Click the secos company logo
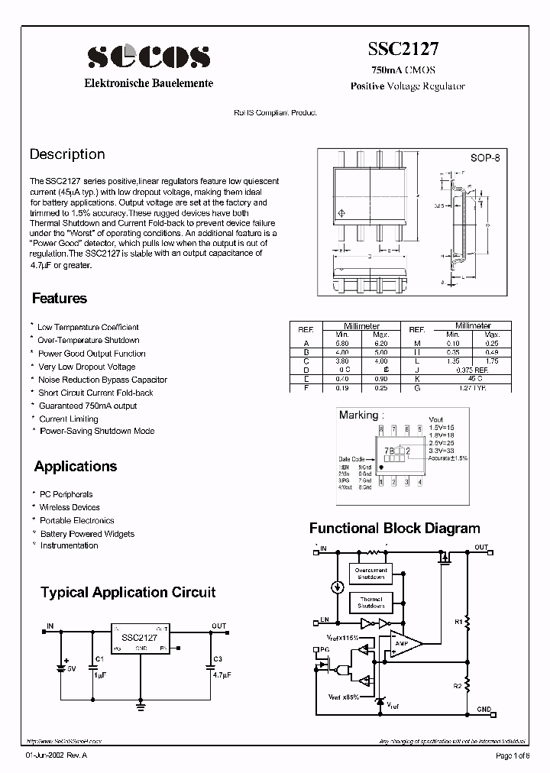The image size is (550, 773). tap(148, 56)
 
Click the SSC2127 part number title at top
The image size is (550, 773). tap(404, 48)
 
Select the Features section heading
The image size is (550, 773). tap(60, 299)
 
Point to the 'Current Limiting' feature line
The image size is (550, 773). tap(69, 419)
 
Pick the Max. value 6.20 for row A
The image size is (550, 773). tap(380, 343)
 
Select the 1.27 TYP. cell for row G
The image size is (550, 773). tap(473, 388)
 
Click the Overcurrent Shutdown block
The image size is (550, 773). tap(370, 574)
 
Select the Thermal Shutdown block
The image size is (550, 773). tap(370, 603)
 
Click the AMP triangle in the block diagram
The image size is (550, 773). tap(402, 643)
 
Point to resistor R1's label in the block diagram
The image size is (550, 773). tap(458, 622)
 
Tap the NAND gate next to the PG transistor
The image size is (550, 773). tap(343, 671)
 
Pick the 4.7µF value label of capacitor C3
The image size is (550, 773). tap(222, 676)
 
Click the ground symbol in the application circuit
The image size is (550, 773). tap(141, 707)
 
